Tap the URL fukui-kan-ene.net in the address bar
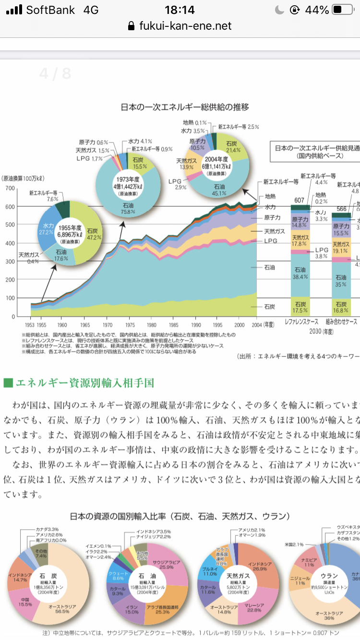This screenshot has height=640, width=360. click(185, 26)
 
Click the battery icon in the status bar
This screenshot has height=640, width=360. click(343, 10)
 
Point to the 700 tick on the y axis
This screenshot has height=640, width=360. click(10, 188)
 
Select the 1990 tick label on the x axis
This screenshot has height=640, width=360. click(196, 324)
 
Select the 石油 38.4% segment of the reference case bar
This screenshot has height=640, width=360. click(300, 273)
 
